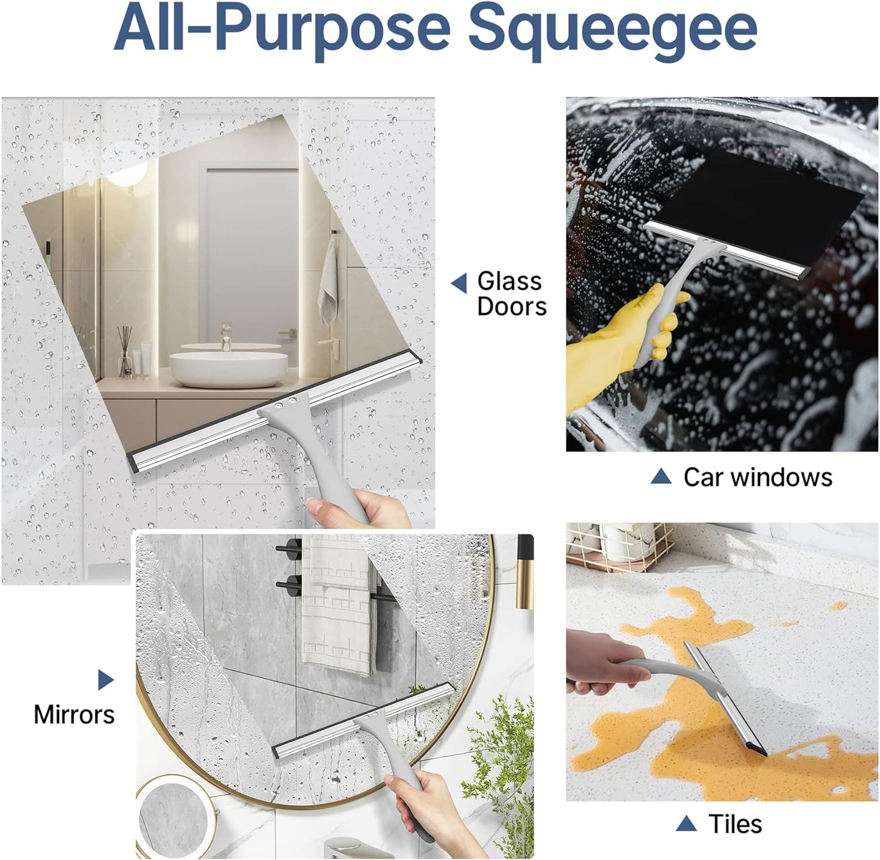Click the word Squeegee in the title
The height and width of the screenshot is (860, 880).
613,29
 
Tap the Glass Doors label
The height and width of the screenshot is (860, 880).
511,294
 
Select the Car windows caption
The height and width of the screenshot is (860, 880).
757,477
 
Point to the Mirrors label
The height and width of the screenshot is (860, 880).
74,714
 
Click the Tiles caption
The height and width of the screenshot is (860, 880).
735,824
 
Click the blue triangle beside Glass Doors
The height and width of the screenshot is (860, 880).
459,283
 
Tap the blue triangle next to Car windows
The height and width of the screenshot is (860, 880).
661,477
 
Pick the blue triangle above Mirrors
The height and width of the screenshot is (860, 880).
105,680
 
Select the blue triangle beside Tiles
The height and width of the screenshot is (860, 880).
686,824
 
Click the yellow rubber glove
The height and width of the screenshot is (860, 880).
615,341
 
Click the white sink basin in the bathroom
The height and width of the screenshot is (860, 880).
228,368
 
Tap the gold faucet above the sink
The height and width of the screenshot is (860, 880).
226,335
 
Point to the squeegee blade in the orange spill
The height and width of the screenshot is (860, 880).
725,701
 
